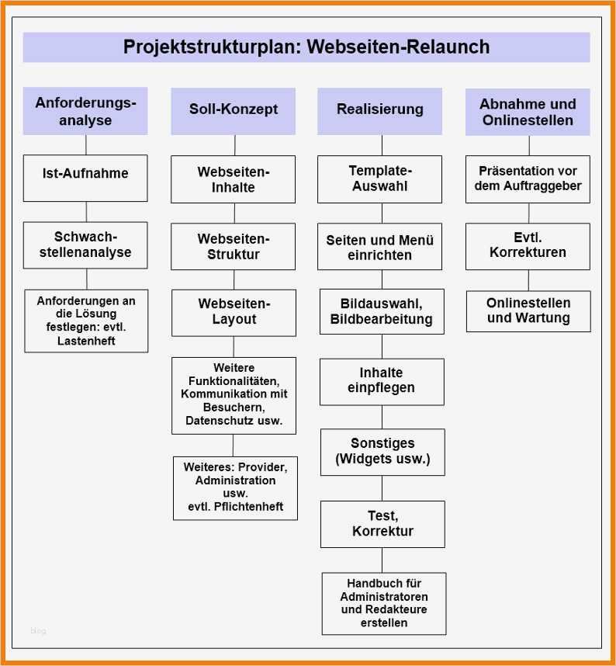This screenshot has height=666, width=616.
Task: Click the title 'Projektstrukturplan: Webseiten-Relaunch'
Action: coord(306,47)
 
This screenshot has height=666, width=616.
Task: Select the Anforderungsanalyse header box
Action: coord(85,111)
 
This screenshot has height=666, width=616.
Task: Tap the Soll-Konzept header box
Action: coord(233,110)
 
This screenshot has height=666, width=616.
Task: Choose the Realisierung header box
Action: coord(379,110)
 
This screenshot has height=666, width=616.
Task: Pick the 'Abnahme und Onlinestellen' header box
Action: coord(528,112)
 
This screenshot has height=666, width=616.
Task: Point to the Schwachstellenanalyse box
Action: coord(85,245)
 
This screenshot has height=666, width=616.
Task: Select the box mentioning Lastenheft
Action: coord(86,321)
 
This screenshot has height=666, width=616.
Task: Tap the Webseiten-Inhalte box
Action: coord(233,179)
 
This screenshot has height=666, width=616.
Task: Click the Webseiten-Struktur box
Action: coord(233,246)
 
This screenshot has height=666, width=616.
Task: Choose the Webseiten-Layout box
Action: coord(234,312)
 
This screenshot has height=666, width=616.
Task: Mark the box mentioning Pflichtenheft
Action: coord(235,487)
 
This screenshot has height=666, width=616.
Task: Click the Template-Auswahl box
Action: coord(379,179)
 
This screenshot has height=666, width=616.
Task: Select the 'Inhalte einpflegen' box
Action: coord(382,381)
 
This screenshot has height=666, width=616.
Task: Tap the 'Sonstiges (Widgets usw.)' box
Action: coord(382,451)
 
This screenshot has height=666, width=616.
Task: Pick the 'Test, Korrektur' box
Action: coord(382,524)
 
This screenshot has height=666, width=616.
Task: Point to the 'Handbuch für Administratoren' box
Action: coord(384,603)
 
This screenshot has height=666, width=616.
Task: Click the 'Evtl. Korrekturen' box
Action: coord(528,245)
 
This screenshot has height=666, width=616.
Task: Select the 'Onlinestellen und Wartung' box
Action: coord(528,310)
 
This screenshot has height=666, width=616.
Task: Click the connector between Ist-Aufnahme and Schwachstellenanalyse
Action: coord(86,212)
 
